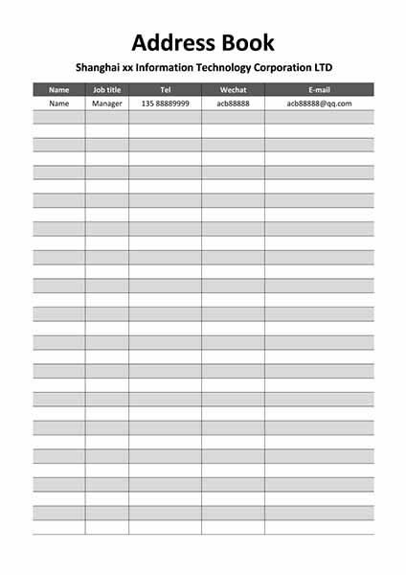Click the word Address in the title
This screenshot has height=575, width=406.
tap(172, 43)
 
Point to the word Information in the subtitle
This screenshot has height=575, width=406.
tap(172, 68)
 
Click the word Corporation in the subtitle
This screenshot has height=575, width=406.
tap(299, 68)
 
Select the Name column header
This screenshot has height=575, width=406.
tap(59, 90)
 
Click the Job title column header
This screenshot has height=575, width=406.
tap(106, 90)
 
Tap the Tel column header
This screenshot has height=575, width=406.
tap(165, 90)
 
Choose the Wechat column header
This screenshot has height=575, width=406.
tap(233, 90)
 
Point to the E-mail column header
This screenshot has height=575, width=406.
tap(319, 90)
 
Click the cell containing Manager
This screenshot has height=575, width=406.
tap(106, 103)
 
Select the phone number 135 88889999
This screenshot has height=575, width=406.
tap(165, 103)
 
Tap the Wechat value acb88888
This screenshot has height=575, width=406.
tap(233, 103)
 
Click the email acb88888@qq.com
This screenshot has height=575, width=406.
tap(319, 103)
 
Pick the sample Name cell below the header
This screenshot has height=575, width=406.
tap(59, 103)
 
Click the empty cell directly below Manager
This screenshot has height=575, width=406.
tap(106, 117)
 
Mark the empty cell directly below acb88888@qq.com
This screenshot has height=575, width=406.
tap(319, 117)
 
